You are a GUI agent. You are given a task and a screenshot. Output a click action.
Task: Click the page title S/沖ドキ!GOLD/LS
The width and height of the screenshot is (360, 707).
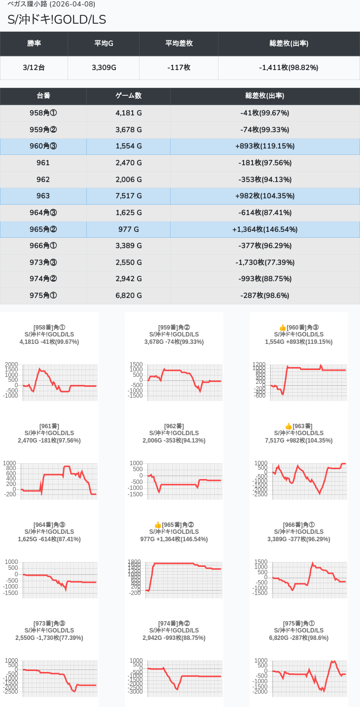point(57,19)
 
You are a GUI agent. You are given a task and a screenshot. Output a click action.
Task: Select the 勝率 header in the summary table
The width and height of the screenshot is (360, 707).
point(34,43)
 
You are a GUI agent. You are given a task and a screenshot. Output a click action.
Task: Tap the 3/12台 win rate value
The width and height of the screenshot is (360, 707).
point(34,68)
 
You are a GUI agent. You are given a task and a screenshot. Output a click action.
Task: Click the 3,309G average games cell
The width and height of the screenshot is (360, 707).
point(104,68)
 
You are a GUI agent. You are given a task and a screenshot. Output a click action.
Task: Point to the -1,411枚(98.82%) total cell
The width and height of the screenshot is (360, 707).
point(288,68)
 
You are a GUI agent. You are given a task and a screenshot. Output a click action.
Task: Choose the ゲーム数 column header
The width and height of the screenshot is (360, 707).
point(128,96)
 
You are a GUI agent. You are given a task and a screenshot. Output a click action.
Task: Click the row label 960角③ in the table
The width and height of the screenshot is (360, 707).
point(43,146)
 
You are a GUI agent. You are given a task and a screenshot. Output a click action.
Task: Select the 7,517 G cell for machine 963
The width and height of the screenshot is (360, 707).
point(128,196)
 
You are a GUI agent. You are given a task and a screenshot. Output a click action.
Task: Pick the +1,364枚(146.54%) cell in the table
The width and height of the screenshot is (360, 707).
point(265,229)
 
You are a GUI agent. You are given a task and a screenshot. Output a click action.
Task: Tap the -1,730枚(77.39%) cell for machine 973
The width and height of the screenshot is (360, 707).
point(265,262)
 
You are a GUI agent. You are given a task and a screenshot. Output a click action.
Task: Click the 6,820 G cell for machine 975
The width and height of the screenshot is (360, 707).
point(128,296)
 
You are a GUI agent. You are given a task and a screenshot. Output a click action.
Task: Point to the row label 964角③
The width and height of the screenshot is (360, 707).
point(43,213)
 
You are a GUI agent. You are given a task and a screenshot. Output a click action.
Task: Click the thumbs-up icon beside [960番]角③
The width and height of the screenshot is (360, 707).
point(283,328)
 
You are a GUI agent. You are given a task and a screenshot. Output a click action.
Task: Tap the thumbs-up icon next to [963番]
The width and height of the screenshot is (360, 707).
point(288,426)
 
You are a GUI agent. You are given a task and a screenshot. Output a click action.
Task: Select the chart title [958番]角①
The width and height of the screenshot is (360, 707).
point(49,328)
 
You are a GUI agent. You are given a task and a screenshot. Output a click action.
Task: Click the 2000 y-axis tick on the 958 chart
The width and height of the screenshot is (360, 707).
point(11,365)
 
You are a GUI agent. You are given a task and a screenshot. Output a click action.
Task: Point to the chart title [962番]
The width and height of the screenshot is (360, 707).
point(174,426)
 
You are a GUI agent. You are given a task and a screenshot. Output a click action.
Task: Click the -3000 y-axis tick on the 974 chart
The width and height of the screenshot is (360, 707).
point(136,692)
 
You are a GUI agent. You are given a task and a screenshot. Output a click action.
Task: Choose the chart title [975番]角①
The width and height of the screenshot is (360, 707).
point(299,624)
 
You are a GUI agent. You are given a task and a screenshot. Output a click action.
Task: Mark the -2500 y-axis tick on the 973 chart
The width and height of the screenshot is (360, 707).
point(11,692)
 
